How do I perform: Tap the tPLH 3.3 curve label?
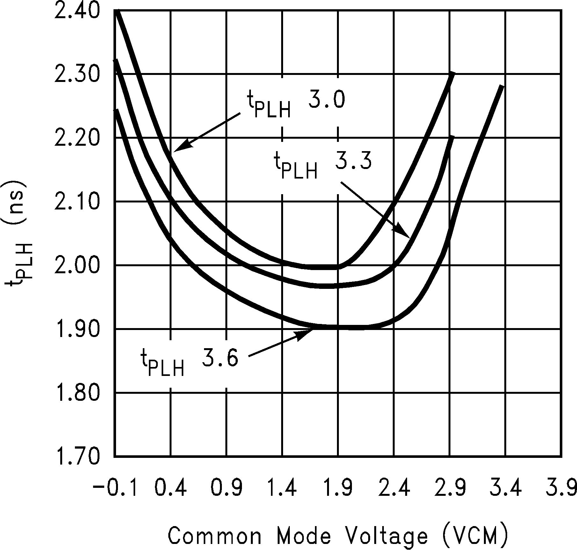click(322, 164)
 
